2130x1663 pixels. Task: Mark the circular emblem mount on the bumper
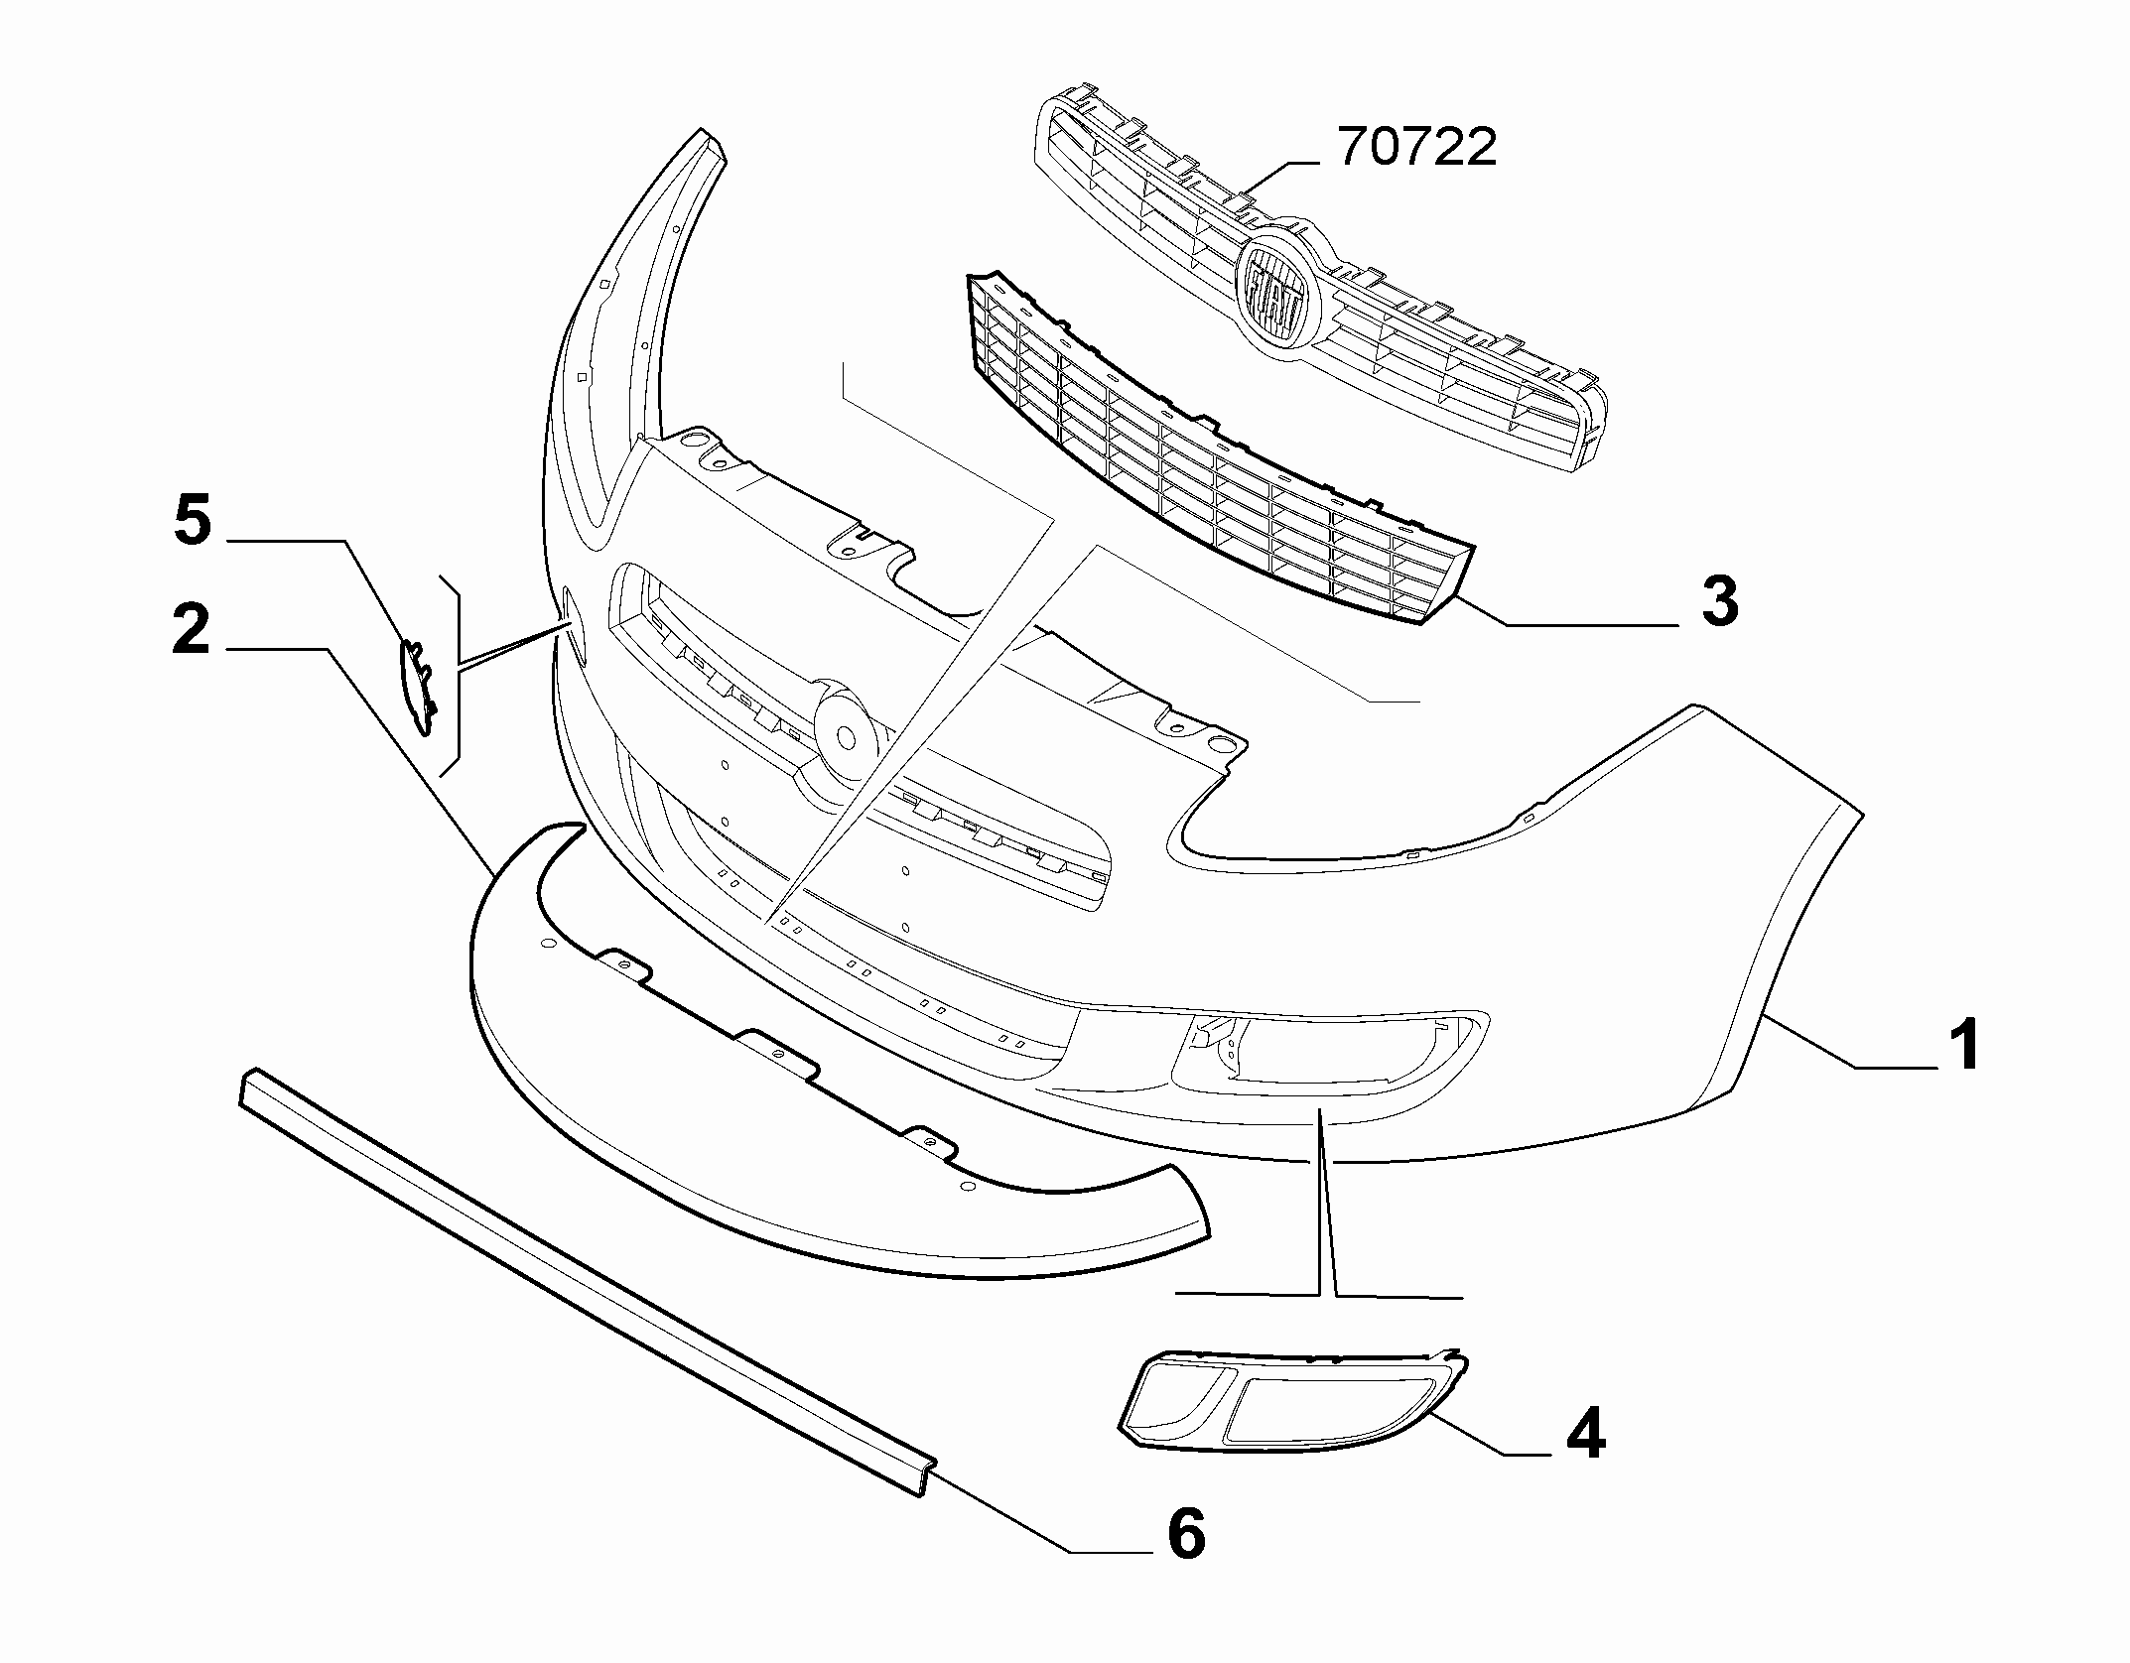[846, 735]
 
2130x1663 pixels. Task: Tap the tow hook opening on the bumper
[573, 625]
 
